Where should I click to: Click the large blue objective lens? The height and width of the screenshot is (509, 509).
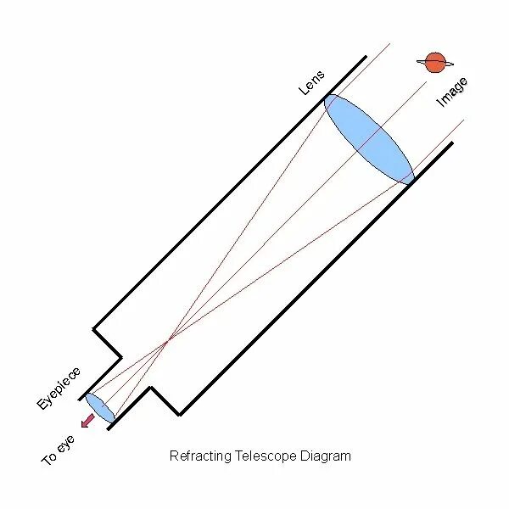coord(369,138)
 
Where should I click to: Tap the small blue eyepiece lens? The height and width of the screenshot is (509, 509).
coord(100,408)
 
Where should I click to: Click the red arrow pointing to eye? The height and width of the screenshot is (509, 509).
coord(87,421)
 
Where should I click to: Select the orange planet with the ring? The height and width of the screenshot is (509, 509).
coord(435,62)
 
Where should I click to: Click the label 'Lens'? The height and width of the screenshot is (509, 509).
coord(311,81)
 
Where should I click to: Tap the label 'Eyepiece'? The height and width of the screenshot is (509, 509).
coord(59,389)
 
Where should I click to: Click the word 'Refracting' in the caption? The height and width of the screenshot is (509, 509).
coord(200,456)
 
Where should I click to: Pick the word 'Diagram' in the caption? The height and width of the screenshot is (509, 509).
coord(326,456)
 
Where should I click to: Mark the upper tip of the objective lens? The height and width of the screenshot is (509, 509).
coord(326,95)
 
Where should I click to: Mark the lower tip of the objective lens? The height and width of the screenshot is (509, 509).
coord(412,182)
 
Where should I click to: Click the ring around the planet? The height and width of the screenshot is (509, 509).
coord(449,64)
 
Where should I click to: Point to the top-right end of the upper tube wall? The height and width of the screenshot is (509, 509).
coord(366,57)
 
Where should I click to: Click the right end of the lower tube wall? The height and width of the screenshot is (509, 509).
coord(452,143)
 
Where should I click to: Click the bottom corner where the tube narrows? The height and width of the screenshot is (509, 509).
coord(179,415)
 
